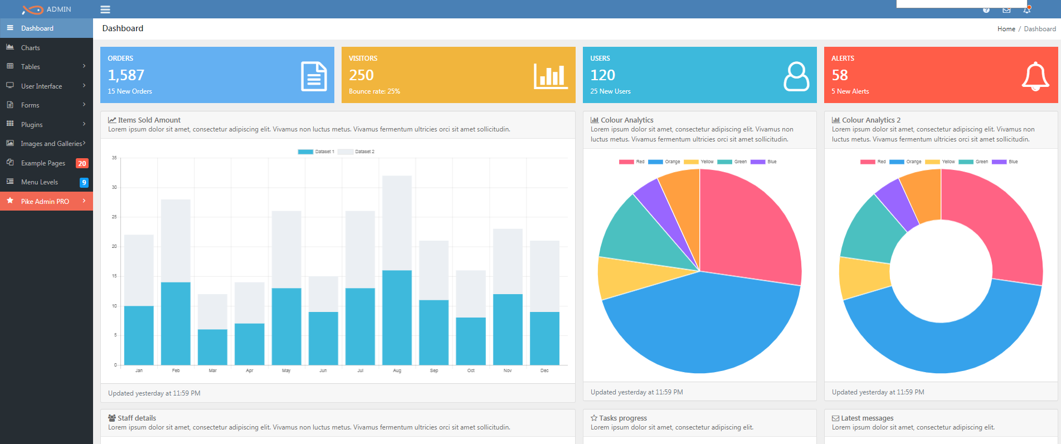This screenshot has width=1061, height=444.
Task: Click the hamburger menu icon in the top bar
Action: click(x=105, y=9)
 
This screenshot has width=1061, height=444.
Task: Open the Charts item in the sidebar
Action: click(x=31, y=48)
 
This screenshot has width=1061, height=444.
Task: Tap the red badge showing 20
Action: click(x=82, y=163)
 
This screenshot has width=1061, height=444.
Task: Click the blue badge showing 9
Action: click(x=84, y=182)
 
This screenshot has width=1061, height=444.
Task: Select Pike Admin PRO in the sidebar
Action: click(x=45, y=202)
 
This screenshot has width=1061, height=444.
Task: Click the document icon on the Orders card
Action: click(x=314, y=76)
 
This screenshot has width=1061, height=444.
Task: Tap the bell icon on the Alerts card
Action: click(x=1035, y=76)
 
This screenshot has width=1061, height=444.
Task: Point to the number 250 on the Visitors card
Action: click(x=361, y=75)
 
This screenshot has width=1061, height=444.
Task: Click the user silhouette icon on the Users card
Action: click(x=796, y=76)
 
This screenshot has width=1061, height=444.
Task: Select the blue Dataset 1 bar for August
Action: click(x=397, y=318)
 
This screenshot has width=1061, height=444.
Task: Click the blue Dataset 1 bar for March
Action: click(x=212, y=347)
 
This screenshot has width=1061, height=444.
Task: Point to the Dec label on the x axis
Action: click(x=544, y=370)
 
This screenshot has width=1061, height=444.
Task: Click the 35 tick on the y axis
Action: click(x=114, y=158)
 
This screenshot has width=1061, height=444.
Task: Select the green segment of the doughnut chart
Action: click(x=869, y=231)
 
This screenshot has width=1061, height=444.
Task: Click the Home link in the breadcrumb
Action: click(x=1006, y=29)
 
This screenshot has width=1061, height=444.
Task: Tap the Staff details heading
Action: click(x=137, y=418)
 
